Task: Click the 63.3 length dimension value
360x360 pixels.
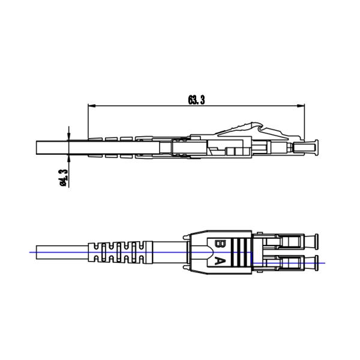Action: [x=196, y=100]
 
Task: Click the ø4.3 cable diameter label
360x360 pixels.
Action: [x=64, y=178]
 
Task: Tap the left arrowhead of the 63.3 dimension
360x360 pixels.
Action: [x=92, y=106]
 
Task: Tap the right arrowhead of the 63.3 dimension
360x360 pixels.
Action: [x=301, y=106]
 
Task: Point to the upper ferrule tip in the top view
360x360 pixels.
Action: [x=317, y=242]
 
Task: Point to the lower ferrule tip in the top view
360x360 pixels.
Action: [x=317, y=263]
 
